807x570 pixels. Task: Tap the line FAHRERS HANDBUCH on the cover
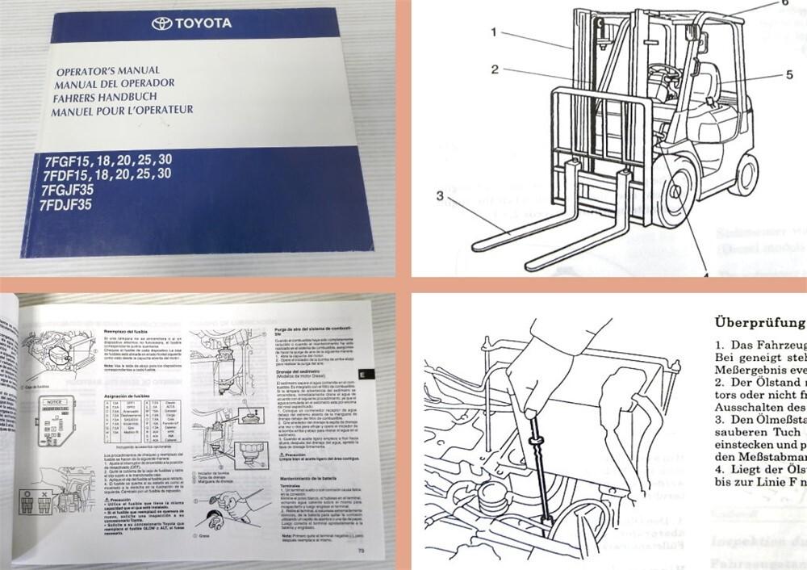102,96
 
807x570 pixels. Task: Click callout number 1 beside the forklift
491,32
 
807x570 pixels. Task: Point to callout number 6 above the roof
782,3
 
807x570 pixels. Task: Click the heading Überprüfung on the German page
759,320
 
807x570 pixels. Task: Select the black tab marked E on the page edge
363,375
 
